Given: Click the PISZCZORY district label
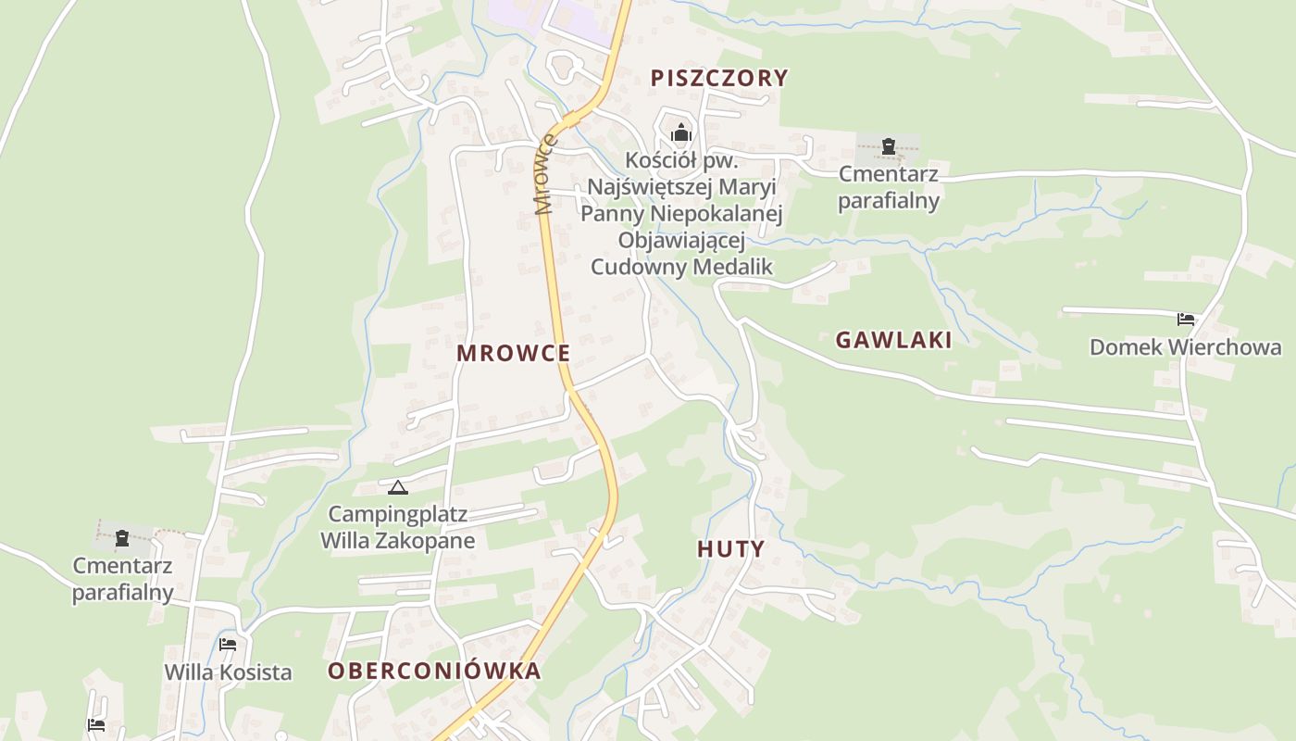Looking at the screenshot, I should point(718,78).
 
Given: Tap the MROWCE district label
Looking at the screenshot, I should point(513,353).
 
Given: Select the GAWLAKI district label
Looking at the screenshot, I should point(893,340).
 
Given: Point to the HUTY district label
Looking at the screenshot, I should point(730,549).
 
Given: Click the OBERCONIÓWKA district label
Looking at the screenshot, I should point(434,672).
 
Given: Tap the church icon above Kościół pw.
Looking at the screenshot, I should point(681,133).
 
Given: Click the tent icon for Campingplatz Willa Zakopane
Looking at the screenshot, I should point(398,487).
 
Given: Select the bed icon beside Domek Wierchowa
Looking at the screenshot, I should point(1186,320).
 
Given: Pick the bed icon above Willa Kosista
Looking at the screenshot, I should point(228,645).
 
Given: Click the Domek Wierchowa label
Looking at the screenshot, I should point(1185,347).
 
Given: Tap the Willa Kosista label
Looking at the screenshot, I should point(228,672).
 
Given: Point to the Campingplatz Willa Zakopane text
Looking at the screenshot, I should point(398,527).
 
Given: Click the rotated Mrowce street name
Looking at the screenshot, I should point(545,174).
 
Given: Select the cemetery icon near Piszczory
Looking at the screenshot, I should point(889,145).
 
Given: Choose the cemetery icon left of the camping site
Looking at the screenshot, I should point(121,537).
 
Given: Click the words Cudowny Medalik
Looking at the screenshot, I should point(681,267).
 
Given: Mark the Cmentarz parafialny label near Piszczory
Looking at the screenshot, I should point(889,187).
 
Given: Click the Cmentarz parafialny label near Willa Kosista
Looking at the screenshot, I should point(123,579).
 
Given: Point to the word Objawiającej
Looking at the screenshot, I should point(681,241).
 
